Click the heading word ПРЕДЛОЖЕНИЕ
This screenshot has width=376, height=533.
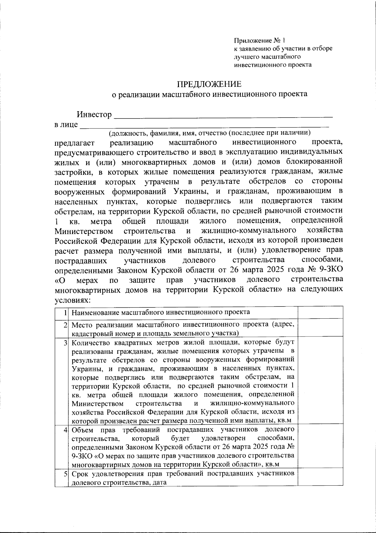(209, 84)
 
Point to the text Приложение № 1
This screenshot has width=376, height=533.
(260, 40)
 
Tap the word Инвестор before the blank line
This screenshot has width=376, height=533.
(94, 115)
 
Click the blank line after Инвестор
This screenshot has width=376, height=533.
(223, 116)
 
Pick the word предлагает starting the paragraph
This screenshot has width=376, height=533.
(75, 143)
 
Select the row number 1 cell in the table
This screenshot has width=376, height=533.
(62, 312)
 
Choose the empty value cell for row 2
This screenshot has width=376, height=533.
(320, 328)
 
